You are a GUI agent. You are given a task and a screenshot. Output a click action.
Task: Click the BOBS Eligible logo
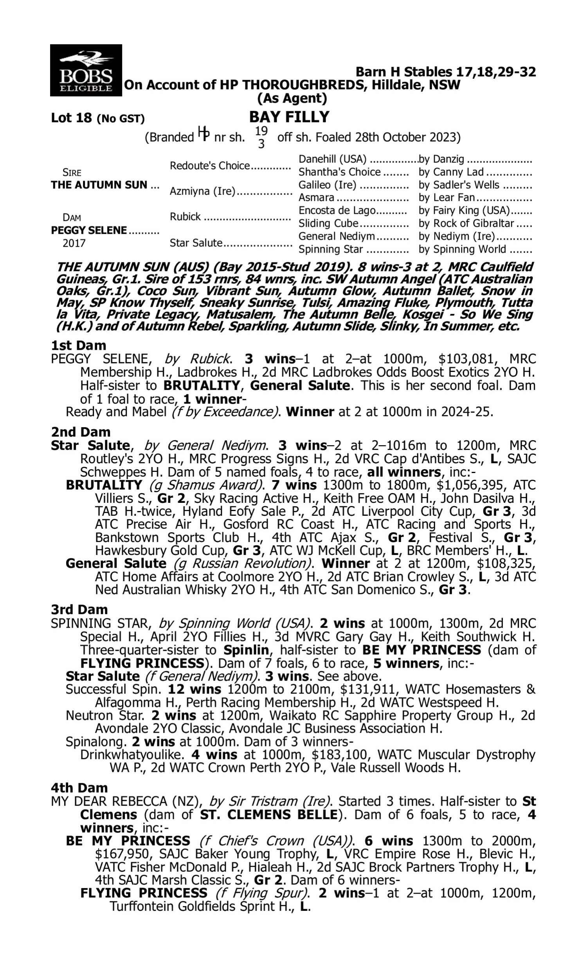(86, 70)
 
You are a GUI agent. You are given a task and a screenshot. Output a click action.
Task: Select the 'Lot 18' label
(71, 118)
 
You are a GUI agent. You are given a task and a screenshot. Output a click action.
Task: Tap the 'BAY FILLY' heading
(289, 117)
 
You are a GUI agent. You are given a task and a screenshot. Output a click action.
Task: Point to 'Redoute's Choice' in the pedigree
(210, 166)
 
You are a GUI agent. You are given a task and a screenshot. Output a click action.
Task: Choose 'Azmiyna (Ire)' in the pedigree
(202, 191)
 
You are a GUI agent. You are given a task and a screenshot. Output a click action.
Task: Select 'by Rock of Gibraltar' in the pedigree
(466, 224)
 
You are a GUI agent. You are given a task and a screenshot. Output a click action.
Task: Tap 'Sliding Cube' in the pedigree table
(328, 224)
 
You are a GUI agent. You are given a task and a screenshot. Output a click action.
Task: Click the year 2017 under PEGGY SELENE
(74, 243)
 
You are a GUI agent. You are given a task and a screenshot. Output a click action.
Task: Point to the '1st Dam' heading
(78, 345)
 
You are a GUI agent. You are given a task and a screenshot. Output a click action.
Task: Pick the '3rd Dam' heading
(79, 609)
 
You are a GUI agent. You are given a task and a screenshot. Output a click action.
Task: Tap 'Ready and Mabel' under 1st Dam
(116, 412)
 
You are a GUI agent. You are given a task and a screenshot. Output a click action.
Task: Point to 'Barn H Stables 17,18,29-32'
(446, 72)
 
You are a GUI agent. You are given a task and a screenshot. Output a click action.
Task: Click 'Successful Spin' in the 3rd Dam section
(113, 689)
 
